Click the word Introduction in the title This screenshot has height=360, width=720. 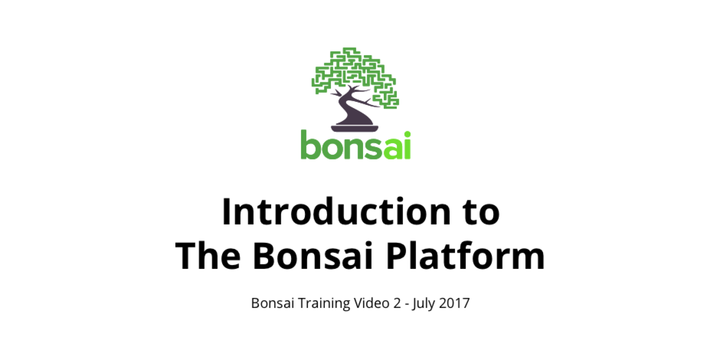pos(337,211)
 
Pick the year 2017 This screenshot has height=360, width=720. pos(454,303)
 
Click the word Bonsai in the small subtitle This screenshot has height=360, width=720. pos(273,303)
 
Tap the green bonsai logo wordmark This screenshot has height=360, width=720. pos(356,145)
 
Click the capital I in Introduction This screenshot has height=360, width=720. pos(226,212)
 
